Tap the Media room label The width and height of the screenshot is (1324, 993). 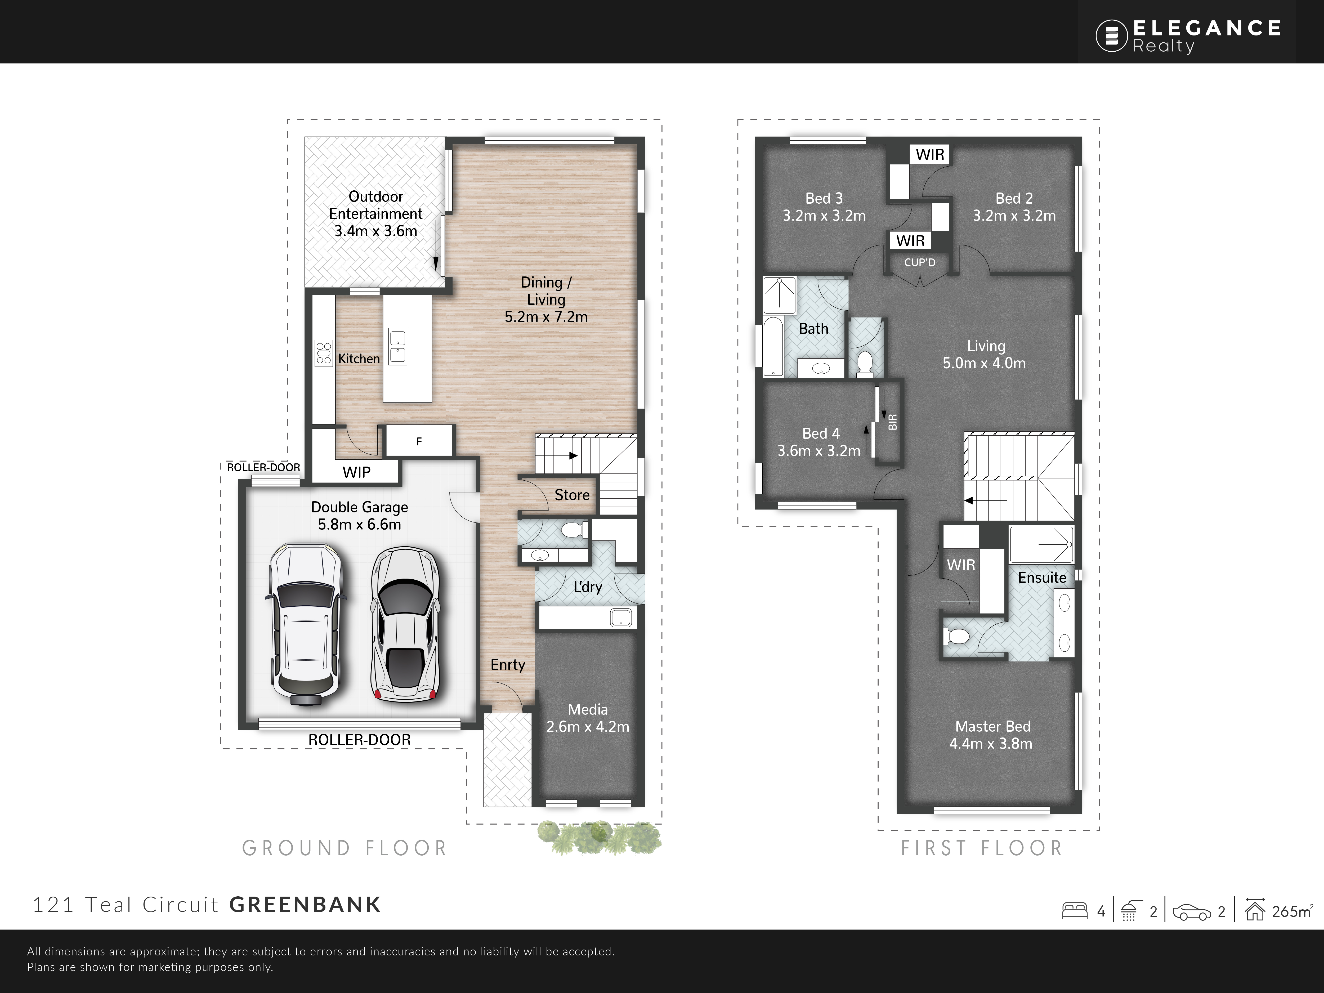(x=588, y=709)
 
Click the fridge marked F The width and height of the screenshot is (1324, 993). (x=419, y=441)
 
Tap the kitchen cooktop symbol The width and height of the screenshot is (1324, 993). (x=324, y=353)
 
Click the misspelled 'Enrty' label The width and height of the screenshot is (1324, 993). (x=508, y=665)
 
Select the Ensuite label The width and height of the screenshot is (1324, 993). (x=1042, y=578)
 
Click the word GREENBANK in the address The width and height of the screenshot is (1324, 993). (x=305, y=904)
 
